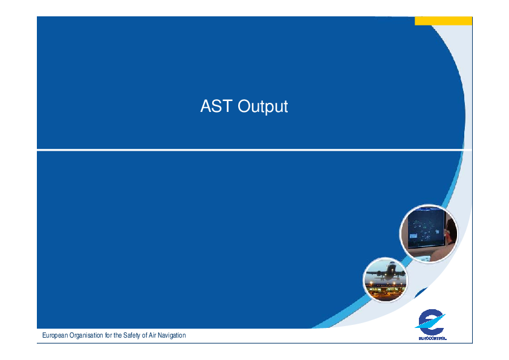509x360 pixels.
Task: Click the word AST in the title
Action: pyautogui.click(x=216, y=106)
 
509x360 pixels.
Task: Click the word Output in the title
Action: pyautogui.click(x=262, y=106)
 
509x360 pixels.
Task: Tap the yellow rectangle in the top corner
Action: pyautogui.click(x=443, y=21)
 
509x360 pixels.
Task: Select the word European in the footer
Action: pyautogui.click(x=55, y=335)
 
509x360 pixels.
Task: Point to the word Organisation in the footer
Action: pyautogui.click(x=86, y=335)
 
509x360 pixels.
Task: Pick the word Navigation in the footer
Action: pyautogui.click(x=172, y=335)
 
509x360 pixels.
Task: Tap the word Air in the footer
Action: pyautogui.click(x=152, y=335)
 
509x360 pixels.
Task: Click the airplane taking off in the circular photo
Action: pyautogui.click(x=389, y=272)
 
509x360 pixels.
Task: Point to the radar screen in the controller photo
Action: pyautogui.click(x=425, y=228)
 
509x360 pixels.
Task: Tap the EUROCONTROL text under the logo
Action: pyautogui.click(x=432, y=338)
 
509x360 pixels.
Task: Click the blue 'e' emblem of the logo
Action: pyautogui.click(x=431, y=322)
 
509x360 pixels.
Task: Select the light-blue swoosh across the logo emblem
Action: pyautogui.click(x=430, y=322)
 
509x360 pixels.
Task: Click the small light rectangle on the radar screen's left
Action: pyautogui.click(x=413, y=236)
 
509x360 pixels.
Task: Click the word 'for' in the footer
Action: pyautogui.click(x=108, y=335)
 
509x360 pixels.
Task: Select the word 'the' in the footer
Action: pyautogui.click(x=117, y=335)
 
